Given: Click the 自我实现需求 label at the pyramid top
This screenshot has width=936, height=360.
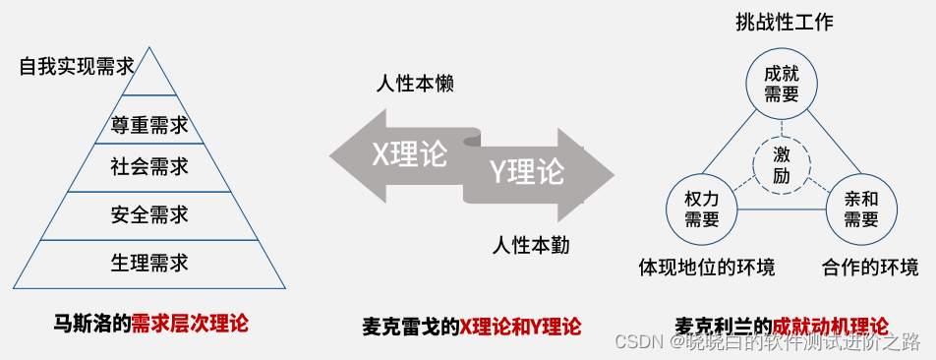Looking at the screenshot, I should (x=77, y=67).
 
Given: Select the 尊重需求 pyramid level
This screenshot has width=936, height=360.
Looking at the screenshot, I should (x=149, y=125).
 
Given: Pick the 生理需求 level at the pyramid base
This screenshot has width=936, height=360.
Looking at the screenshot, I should (x=149, y=263).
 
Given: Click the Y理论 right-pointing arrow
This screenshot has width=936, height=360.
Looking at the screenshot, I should (x=536, y=172).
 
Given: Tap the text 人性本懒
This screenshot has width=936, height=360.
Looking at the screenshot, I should (x=415, y=85).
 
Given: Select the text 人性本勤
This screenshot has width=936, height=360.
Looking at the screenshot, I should (x=531, y=244).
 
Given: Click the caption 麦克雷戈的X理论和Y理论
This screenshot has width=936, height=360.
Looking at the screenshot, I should (x=471, y=326).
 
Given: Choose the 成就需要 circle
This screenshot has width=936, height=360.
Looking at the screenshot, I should (x=782, y=84).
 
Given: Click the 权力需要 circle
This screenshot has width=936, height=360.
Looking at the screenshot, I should (x=702, y=209).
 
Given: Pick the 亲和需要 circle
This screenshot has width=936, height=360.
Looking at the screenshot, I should (x=861, y=209).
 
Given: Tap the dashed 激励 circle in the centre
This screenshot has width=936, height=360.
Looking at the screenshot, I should (x=782, y=164).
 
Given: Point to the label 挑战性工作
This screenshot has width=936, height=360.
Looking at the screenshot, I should (x=785, y=23).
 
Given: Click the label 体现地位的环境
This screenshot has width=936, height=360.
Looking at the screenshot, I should (x=706, y=267).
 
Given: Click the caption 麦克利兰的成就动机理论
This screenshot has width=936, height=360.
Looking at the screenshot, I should (x=782, y=325).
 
